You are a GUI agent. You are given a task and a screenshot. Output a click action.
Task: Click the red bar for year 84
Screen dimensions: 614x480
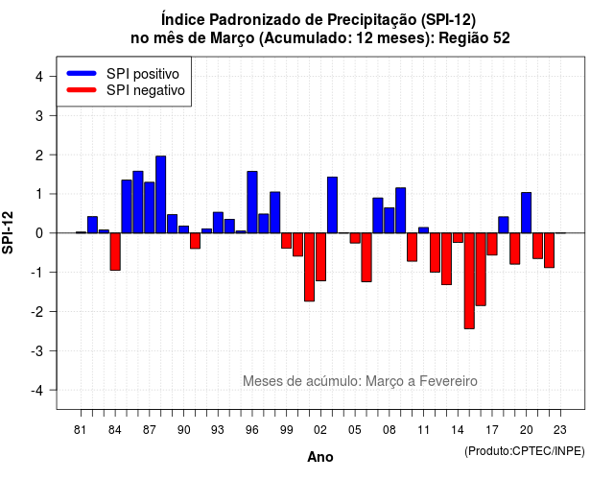115,252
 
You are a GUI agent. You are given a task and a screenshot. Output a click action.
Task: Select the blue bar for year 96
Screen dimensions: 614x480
252,203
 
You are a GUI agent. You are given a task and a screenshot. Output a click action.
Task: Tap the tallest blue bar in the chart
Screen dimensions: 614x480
160,194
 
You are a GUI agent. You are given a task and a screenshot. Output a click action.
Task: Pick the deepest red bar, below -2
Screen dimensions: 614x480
469,280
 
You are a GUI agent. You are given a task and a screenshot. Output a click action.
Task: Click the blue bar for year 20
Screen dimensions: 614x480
527,213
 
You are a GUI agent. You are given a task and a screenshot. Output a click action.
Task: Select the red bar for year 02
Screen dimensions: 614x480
320,256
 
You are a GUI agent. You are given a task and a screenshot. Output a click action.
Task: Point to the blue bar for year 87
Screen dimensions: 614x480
150,207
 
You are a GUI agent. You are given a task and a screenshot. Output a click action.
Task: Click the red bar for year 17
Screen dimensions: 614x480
492,244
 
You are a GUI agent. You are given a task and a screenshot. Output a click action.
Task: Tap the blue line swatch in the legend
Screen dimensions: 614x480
82,73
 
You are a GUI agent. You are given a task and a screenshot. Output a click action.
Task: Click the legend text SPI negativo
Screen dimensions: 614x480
146,90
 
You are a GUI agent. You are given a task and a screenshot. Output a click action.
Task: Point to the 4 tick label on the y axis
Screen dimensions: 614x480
39,77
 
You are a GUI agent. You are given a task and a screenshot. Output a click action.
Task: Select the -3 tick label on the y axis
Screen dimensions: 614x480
37,350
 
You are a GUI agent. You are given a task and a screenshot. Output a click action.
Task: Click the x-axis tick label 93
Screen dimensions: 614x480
218,430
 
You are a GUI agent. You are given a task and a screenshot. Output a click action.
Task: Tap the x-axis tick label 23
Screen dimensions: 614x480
560,430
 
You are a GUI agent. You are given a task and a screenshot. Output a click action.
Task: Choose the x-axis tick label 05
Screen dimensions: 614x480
355,430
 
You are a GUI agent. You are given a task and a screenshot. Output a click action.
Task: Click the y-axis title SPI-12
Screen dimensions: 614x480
8,232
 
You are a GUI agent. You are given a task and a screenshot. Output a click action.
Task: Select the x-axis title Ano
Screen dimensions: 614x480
320,457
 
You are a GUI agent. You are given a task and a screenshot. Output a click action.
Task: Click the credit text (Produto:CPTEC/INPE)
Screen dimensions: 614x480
525,451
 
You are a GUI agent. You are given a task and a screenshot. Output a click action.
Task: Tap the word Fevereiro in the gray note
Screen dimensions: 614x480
448,381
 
